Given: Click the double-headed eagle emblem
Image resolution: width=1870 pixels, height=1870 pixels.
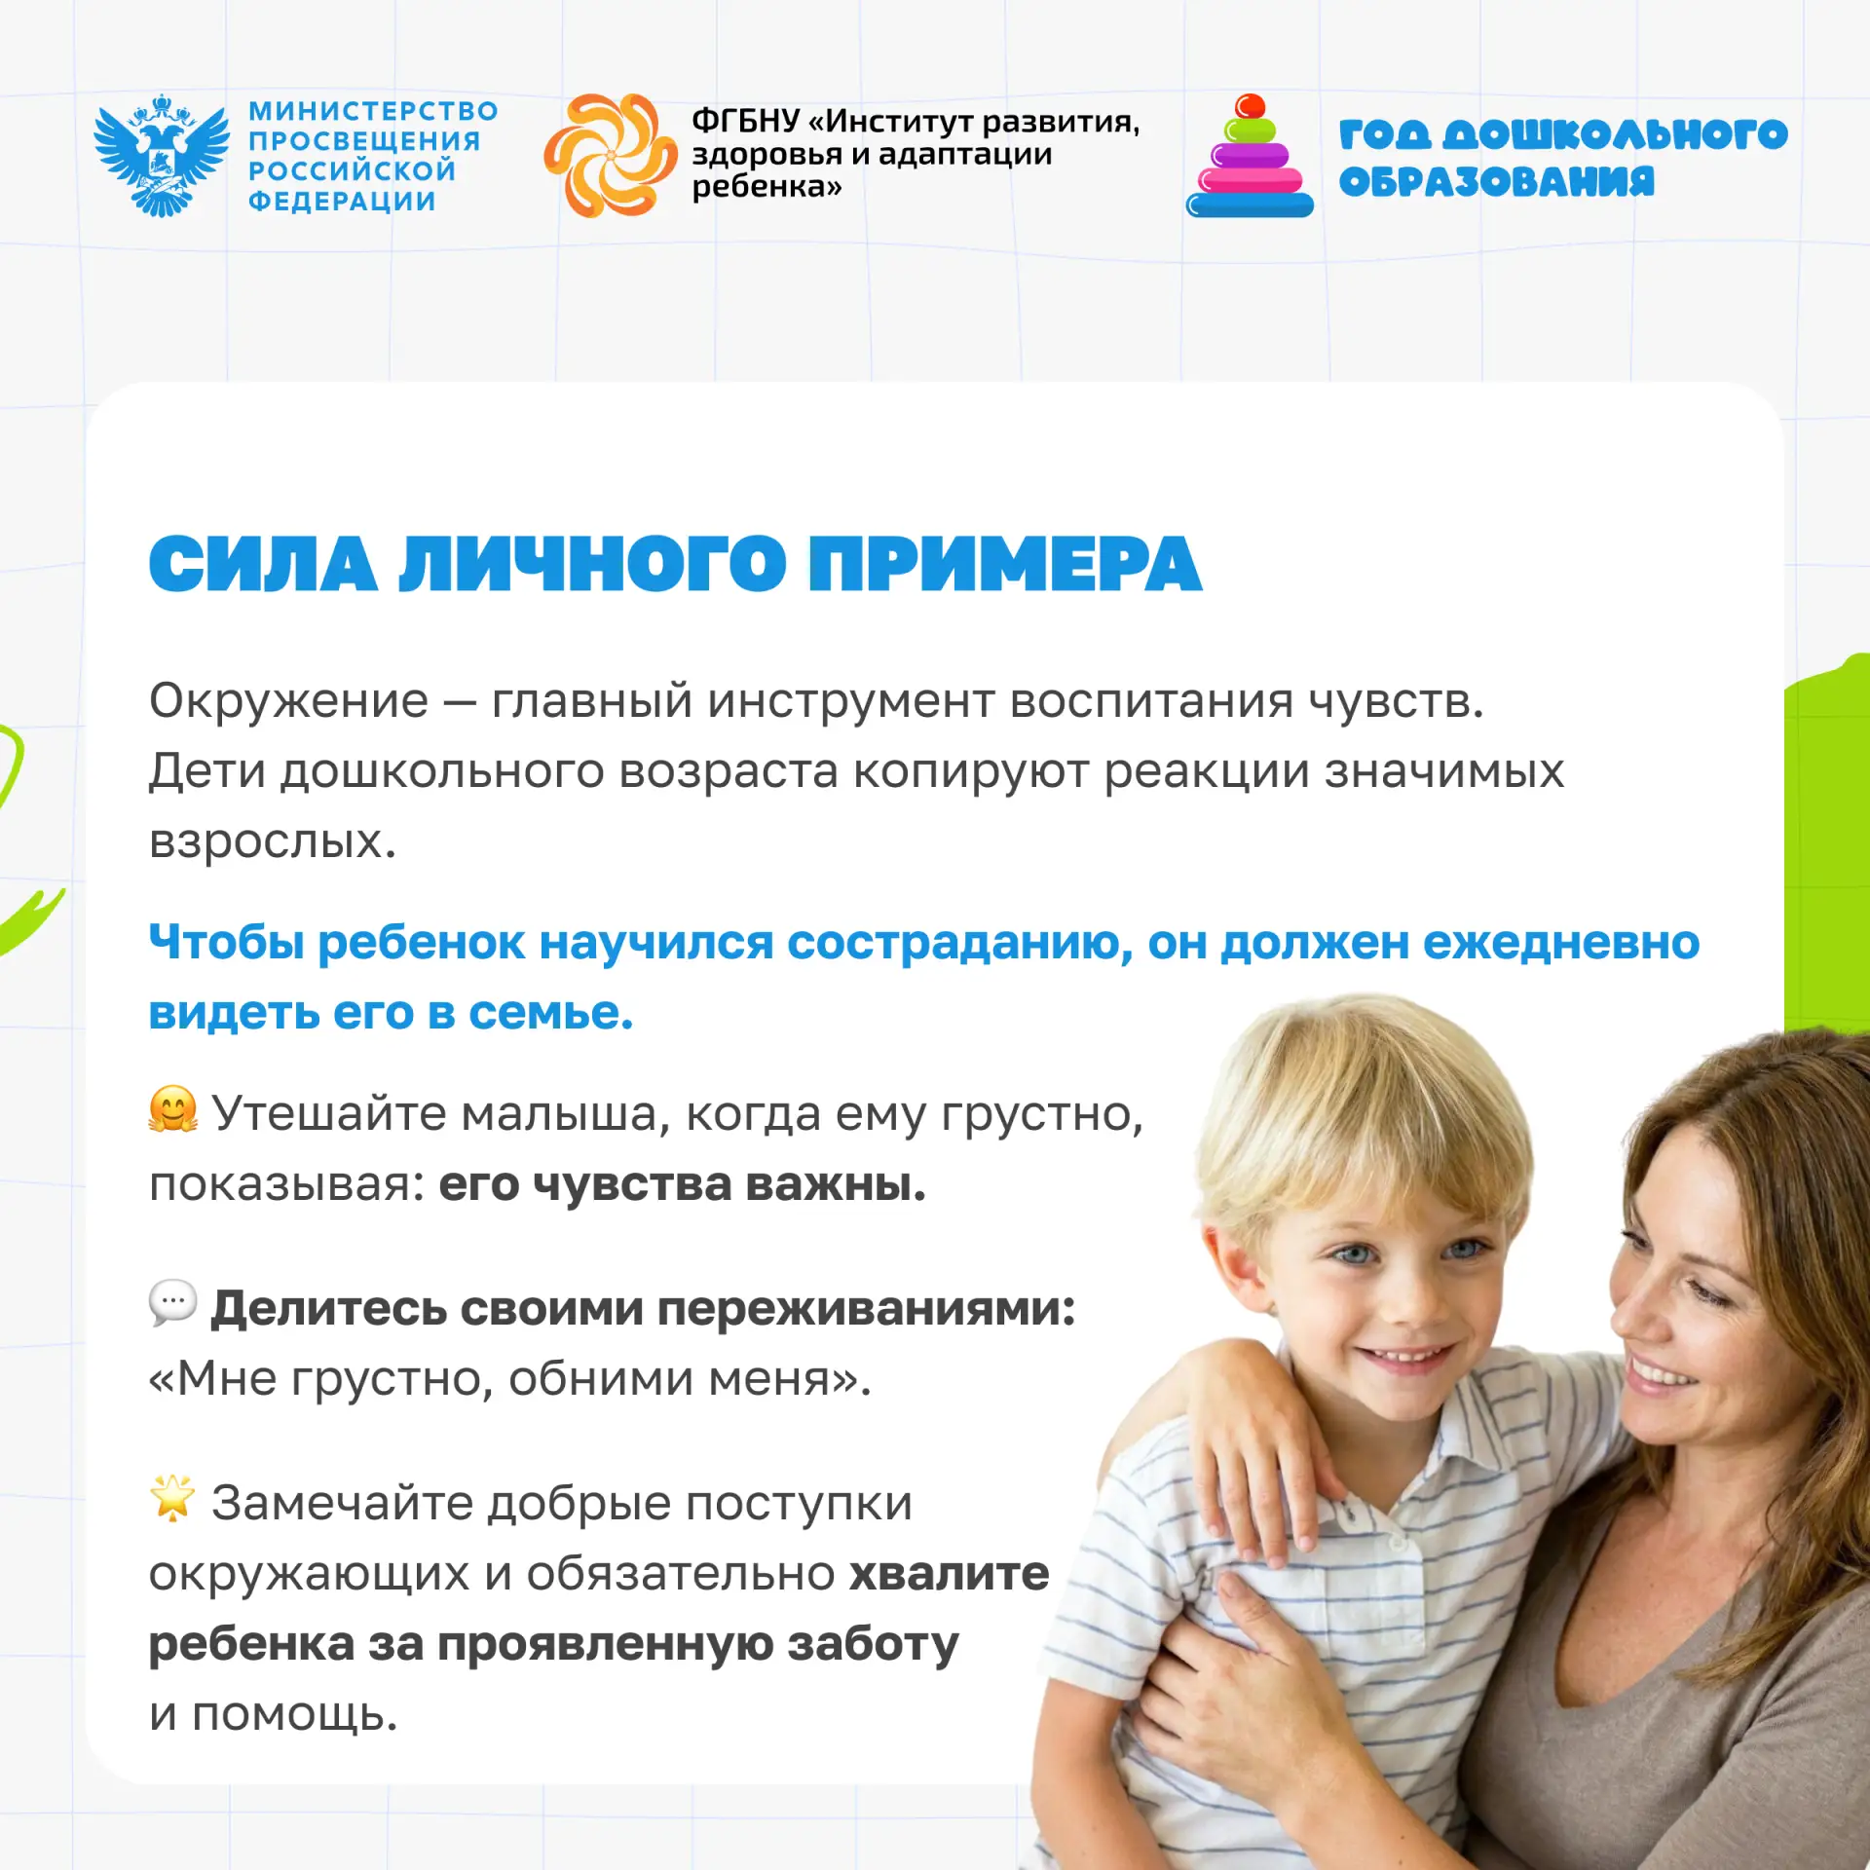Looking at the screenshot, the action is click(162, 155).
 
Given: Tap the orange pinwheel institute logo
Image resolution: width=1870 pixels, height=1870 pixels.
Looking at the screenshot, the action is click(610, 155).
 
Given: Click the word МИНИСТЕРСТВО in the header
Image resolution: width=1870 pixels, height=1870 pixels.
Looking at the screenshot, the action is click(373, 111).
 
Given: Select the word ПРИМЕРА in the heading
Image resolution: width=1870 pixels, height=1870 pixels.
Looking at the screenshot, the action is click(1005, 565).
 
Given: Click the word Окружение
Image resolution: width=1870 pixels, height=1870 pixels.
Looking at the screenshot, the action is click(288, 701).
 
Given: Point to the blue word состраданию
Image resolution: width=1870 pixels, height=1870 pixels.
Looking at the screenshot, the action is click(959, 944).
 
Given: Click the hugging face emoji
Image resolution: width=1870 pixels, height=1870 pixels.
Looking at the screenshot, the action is click(173, 1109).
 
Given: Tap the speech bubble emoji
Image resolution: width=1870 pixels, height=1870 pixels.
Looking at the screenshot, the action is click(173, 1302).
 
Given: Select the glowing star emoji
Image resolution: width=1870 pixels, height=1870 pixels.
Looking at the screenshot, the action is click(173, 1498).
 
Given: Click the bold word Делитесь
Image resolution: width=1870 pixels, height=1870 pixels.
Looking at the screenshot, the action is click(328, 1308).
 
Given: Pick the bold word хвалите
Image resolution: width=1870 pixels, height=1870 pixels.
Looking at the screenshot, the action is click(950, 1574).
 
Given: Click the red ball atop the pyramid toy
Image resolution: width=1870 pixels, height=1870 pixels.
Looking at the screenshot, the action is click(1250, 106).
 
